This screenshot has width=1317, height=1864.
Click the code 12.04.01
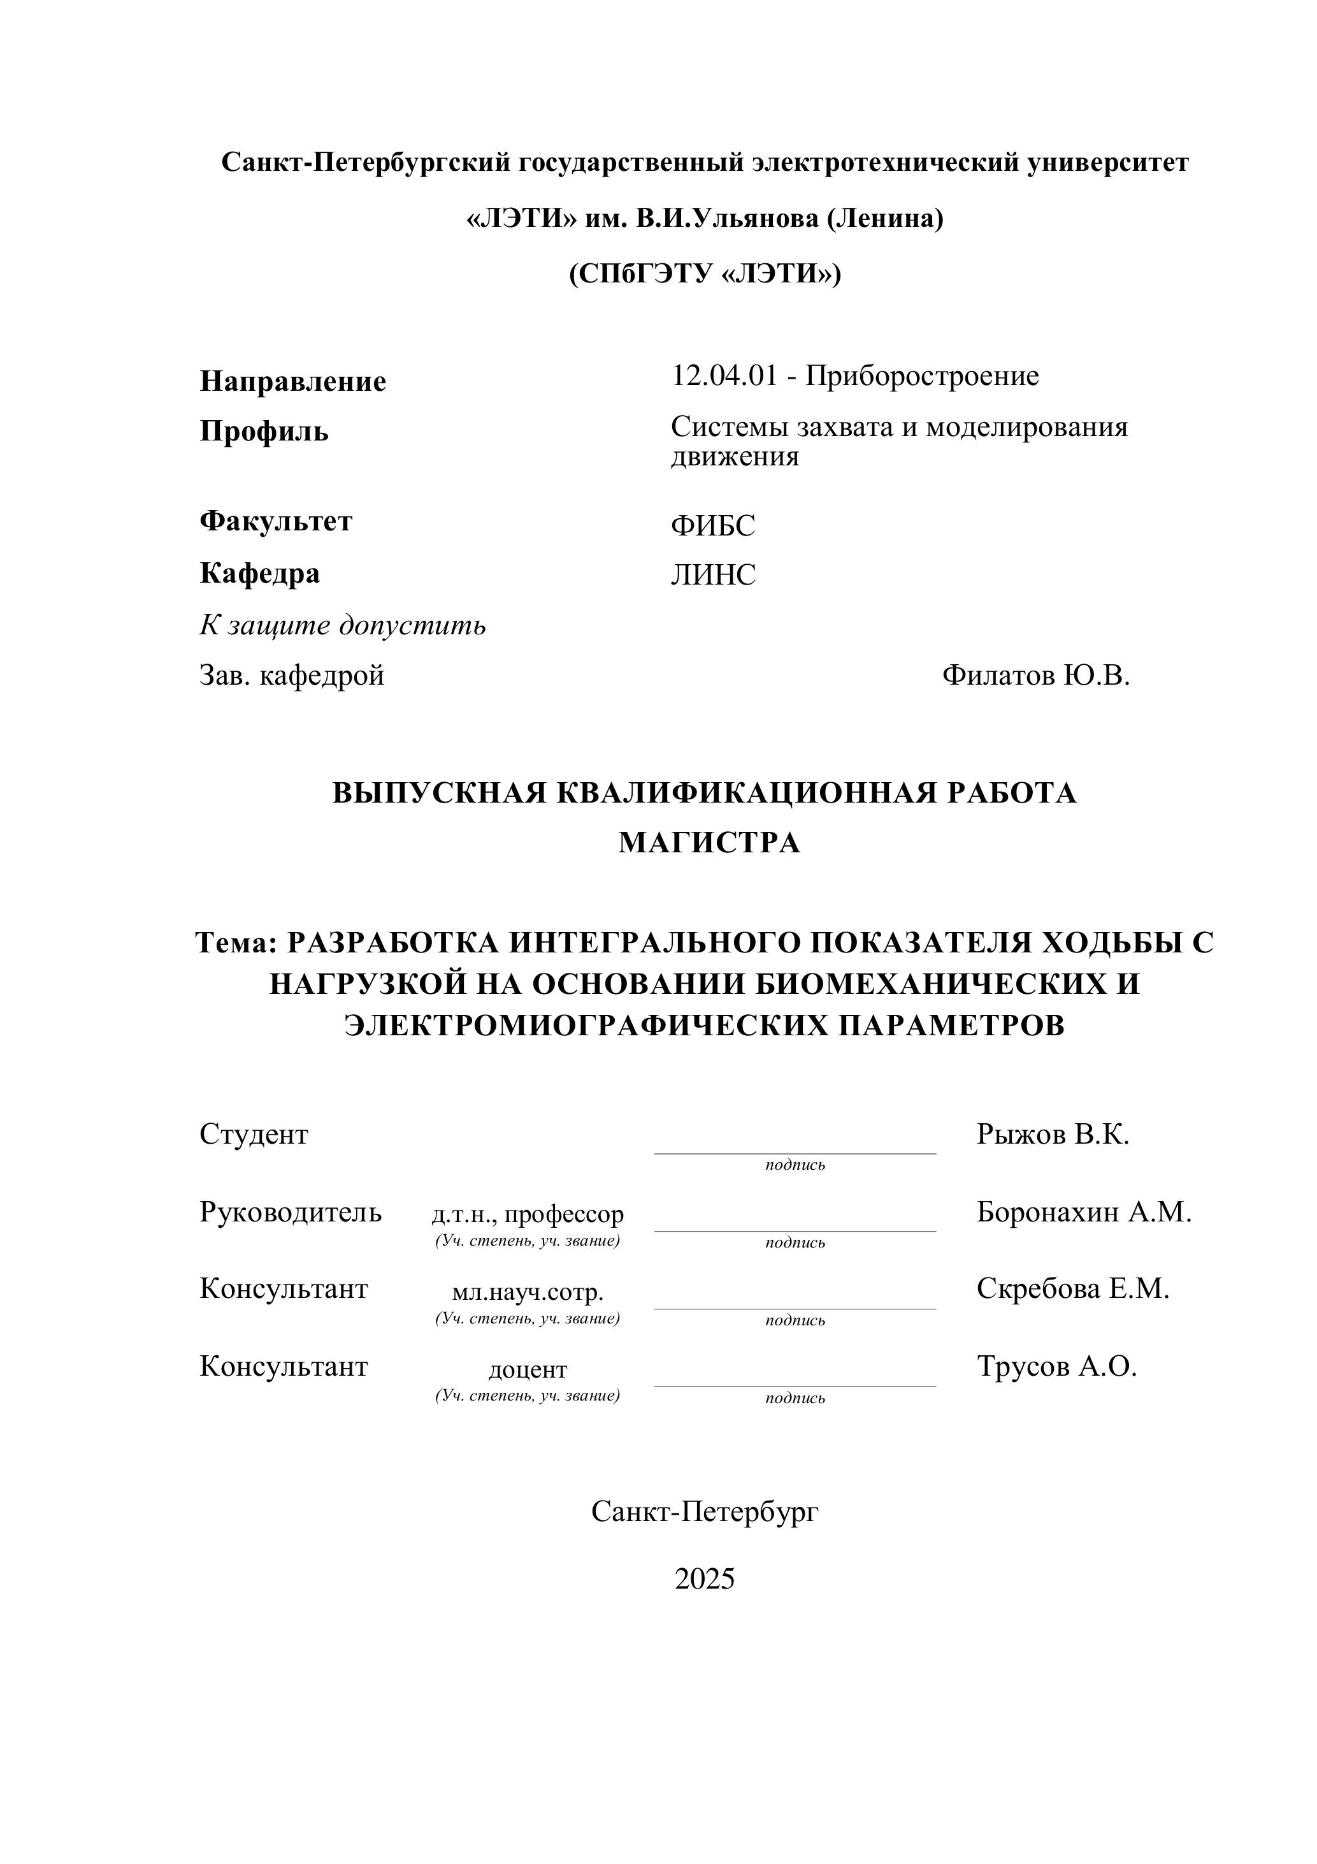pos(724,376)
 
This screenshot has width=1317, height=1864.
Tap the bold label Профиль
pos(264,431)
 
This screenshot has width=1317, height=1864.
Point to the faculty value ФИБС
pos(712,526)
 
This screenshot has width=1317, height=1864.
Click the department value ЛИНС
pos(712,576)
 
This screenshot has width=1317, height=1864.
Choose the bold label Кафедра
pos(260,573)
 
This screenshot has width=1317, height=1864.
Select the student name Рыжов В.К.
pos(1053,1134)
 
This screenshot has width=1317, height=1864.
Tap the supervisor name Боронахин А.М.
pos(1084,1212)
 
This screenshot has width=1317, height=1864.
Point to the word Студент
pos(254,1134)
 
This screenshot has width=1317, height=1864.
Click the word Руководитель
pos(291,1212)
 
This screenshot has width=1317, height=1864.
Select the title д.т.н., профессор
pos(528,1214)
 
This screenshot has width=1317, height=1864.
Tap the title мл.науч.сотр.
pos(528,1292)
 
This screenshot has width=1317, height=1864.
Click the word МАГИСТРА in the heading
pos(709,843)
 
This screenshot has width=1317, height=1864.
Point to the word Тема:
pos(237,943)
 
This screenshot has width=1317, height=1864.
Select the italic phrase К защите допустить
pos(342,625)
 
